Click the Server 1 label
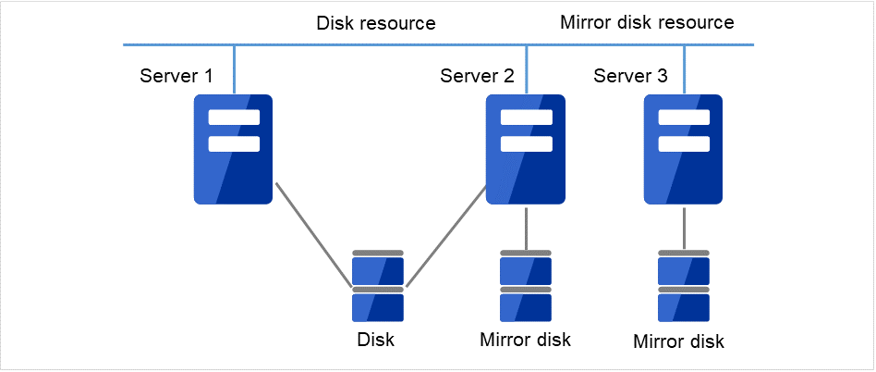click(x=176, y=76)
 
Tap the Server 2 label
click(x=477, y=76)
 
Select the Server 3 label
click(x=630, y=76)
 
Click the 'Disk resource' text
click(x=375, y=22)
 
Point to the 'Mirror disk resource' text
click(x=647, y=22)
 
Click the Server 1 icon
click(x=233, y=149)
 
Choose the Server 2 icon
click(x=525, y=149)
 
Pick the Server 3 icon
click(x=683, y=149)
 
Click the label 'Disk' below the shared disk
click(x=376, y=340)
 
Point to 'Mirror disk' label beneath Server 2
click(x=525, y=340)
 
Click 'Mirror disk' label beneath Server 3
click(x=679, y=341)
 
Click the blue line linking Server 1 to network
click(x=234, y=69)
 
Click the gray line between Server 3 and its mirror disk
click(x=684, y=228)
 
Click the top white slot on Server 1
click(x=234, y=118)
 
